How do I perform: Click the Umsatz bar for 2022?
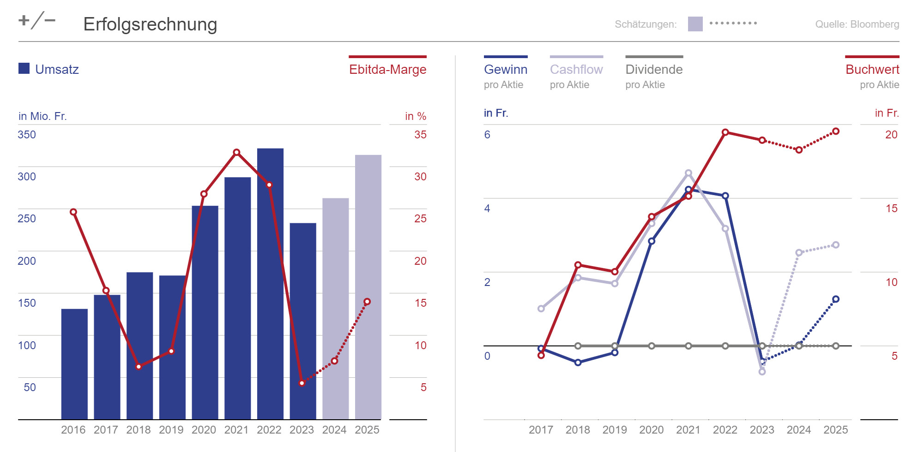pyautogui.click(x=270, y=284)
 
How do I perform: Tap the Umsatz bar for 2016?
pyautogui.click(x=74, y=364)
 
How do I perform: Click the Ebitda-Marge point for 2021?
pyautogui.click(x=236, y=152)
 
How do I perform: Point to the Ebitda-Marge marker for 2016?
pyautogui.click(x=73, y=212)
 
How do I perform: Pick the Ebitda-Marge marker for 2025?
pyautogui.click(x=367, y=302)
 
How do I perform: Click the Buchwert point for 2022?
pyautogui.click(x=725, y=132)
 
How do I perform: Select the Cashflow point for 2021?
pyautogui.click(x=688, y=173)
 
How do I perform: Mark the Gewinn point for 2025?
pyautogui.click(x=836, y=299)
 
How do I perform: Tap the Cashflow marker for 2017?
pyautogui.click(x=541, y=309)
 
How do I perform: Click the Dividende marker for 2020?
pyautogui.click(x=652, y=346)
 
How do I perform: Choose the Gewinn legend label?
pyautogui.click(x=506, y=70)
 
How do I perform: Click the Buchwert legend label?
pyautogui.click(x=872, y=70)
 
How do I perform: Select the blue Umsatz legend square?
pyautogui.click(x=24, y=68)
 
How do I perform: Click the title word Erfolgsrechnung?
pyautogui.click(x=150, y=24)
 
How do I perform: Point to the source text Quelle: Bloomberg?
pyautogui.click(x=857, y=24)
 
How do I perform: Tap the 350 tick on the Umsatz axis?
pyautogui.click(x=27, y=135)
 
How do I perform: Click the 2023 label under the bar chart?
pyautogui.click(x=302, y=430)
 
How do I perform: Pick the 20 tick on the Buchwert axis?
pyautogui.click(x=891, y=135)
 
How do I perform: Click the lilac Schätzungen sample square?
pyautogui.click(x=695, y=24)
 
